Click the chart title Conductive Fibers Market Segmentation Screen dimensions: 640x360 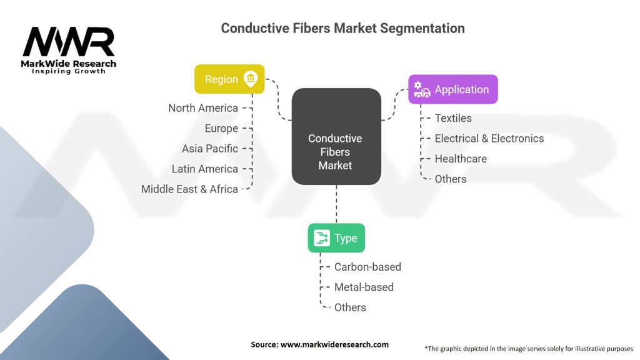[x=342, y=28]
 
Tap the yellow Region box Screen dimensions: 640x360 [x=229, y=79]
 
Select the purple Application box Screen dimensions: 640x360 [x=453, y=89]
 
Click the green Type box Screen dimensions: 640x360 [x=336, y=238]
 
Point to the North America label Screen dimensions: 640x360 [x=203, y=108]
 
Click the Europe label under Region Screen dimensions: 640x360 [x=221, y=128]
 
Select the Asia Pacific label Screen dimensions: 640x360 [x=210, y=149]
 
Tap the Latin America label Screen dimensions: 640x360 [x=205, y=169]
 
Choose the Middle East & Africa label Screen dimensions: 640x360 [x=189, y=189]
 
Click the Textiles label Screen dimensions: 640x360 [x=453, y=118]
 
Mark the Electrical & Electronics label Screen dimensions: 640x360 [x=489, y=138]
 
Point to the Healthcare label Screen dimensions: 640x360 [x=461, y=159]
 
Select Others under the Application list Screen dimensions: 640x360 [x=451, y=179]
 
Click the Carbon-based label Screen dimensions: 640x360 [x=367, y=267]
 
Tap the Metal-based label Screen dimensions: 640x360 [x=364, y=287]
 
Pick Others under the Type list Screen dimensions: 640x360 [x=350, y=307]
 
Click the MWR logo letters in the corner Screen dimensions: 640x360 [x=69, y=42]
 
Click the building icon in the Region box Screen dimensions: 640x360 [x=251, y=79]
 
